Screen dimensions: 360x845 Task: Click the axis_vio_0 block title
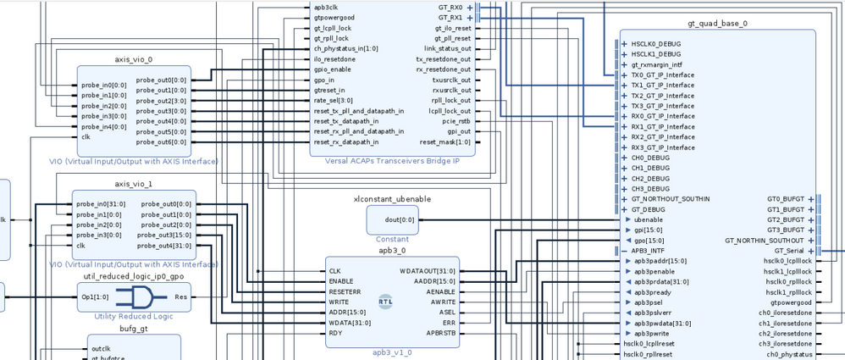click(x=134, y=59)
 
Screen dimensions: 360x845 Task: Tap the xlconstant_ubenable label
click(x=392, y=199)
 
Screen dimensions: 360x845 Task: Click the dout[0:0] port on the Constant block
click(x=400, y=219)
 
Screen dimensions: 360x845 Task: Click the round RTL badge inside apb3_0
click(x=385, y=302)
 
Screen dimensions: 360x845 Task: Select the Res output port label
click(x=180, y=297)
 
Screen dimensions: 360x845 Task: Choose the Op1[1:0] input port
click(x=96, y=297)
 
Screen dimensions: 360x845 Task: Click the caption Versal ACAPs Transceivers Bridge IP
click(x=391, y=162)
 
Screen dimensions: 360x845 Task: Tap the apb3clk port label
click(x=327, y=7)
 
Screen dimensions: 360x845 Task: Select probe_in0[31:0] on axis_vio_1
click(x=101, y=204)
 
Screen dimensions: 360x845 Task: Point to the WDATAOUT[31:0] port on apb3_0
click(x=427, y=271)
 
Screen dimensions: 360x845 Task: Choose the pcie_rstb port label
click(x=456, y=121)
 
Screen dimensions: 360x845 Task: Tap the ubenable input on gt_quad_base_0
click(x=649, y=219)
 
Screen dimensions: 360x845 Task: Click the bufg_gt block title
click(x=134, y=328)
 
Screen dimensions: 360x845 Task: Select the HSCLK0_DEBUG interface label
click(x=656, y=44)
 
